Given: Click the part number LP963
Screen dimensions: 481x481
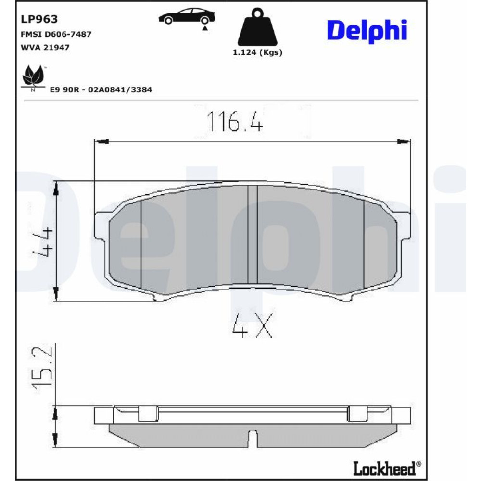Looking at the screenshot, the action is point(39,19).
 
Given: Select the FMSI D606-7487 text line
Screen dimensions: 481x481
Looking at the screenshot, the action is point(56,34).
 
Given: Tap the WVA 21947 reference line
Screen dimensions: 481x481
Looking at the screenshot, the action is point(45,48).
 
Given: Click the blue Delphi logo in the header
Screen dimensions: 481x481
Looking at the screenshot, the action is point(367,31).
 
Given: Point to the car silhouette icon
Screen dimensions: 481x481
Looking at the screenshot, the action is point(187,17).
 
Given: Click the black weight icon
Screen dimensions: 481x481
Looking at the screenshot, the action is point(257,27).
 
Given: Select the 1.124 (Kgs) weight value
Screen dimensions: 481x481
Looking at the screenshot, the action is point(257,52).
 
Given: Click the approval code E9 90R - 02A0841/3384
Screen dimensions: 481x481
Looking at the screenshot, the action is point(101,89).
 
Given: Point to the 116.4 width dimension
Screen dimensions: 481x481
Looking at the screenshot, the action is point(235,121).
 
